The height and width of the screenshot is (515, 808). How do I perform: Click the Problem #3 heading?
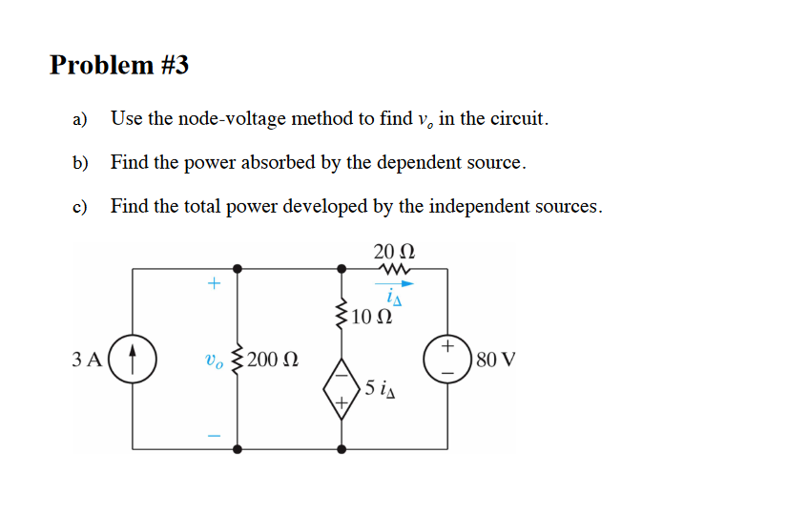pyautogui.click(x=119, y=65)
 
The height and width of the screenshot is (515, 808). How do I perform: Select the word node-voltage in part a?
pyautogui.click(x=238, y=119)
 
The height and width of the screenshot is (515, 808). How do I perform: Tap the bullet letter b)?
pyautogui.click(x=80, y=163)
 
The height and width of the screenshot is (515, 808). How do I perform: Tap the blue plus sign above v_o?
pyautogui.click(x=214, y=283)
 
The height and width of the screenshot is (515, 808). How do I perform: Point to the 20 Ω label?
pyautogui.click(x=394, y=252)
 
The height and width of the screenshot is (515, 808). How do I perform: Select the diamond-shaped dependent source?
pyautogui.click(x=341, y=388)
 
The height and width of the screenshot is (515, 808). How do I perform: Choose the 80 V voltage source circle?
pyautogui.click(x=446, y=360)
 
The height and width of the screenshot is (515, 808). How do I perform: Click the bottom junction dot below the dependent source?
pyautogui.click(x=341, y=448)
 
